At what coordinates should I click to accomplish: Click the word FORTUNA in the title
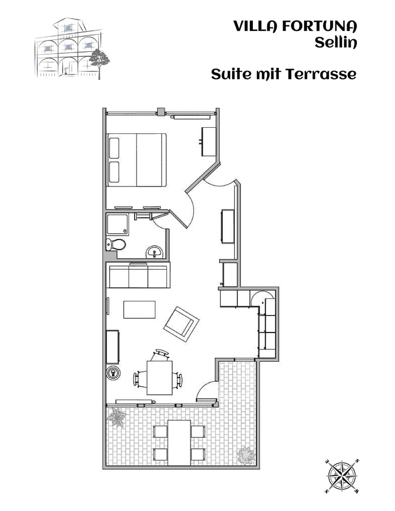[319, 26]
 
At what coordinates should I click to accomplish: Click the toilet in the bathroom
[116, 244]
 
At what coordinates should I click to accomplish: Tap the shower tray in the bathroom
[118, 224]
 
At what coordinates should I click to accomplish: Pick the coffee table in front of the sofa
[140, 310]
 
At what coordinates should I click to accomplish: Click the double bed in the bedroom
[137, 160]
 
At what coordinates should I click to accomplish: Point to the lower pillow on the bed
[114, 172]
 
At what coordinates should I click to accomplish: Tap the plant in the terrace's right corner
[246, 456]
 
